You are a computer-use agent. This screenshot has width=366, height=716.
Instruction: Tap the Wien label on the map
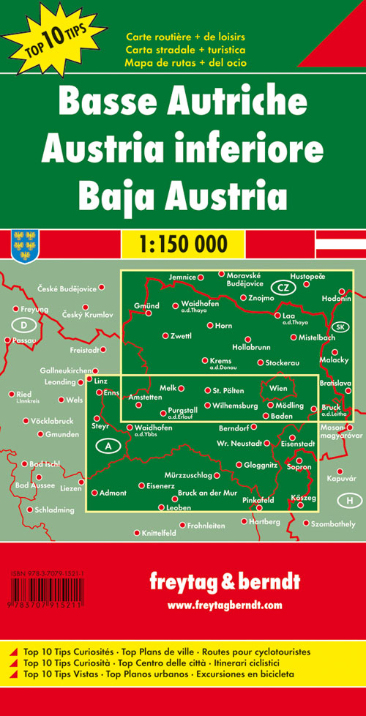[279, 388]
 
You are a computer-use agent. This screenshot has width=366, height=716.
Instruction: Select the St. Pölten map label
[227, 390]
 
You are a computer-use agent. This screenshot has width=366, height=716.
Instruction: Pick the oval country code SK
[340, 327]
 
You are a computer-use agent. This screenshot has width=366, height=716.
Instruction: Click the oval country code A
[108, 446]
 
